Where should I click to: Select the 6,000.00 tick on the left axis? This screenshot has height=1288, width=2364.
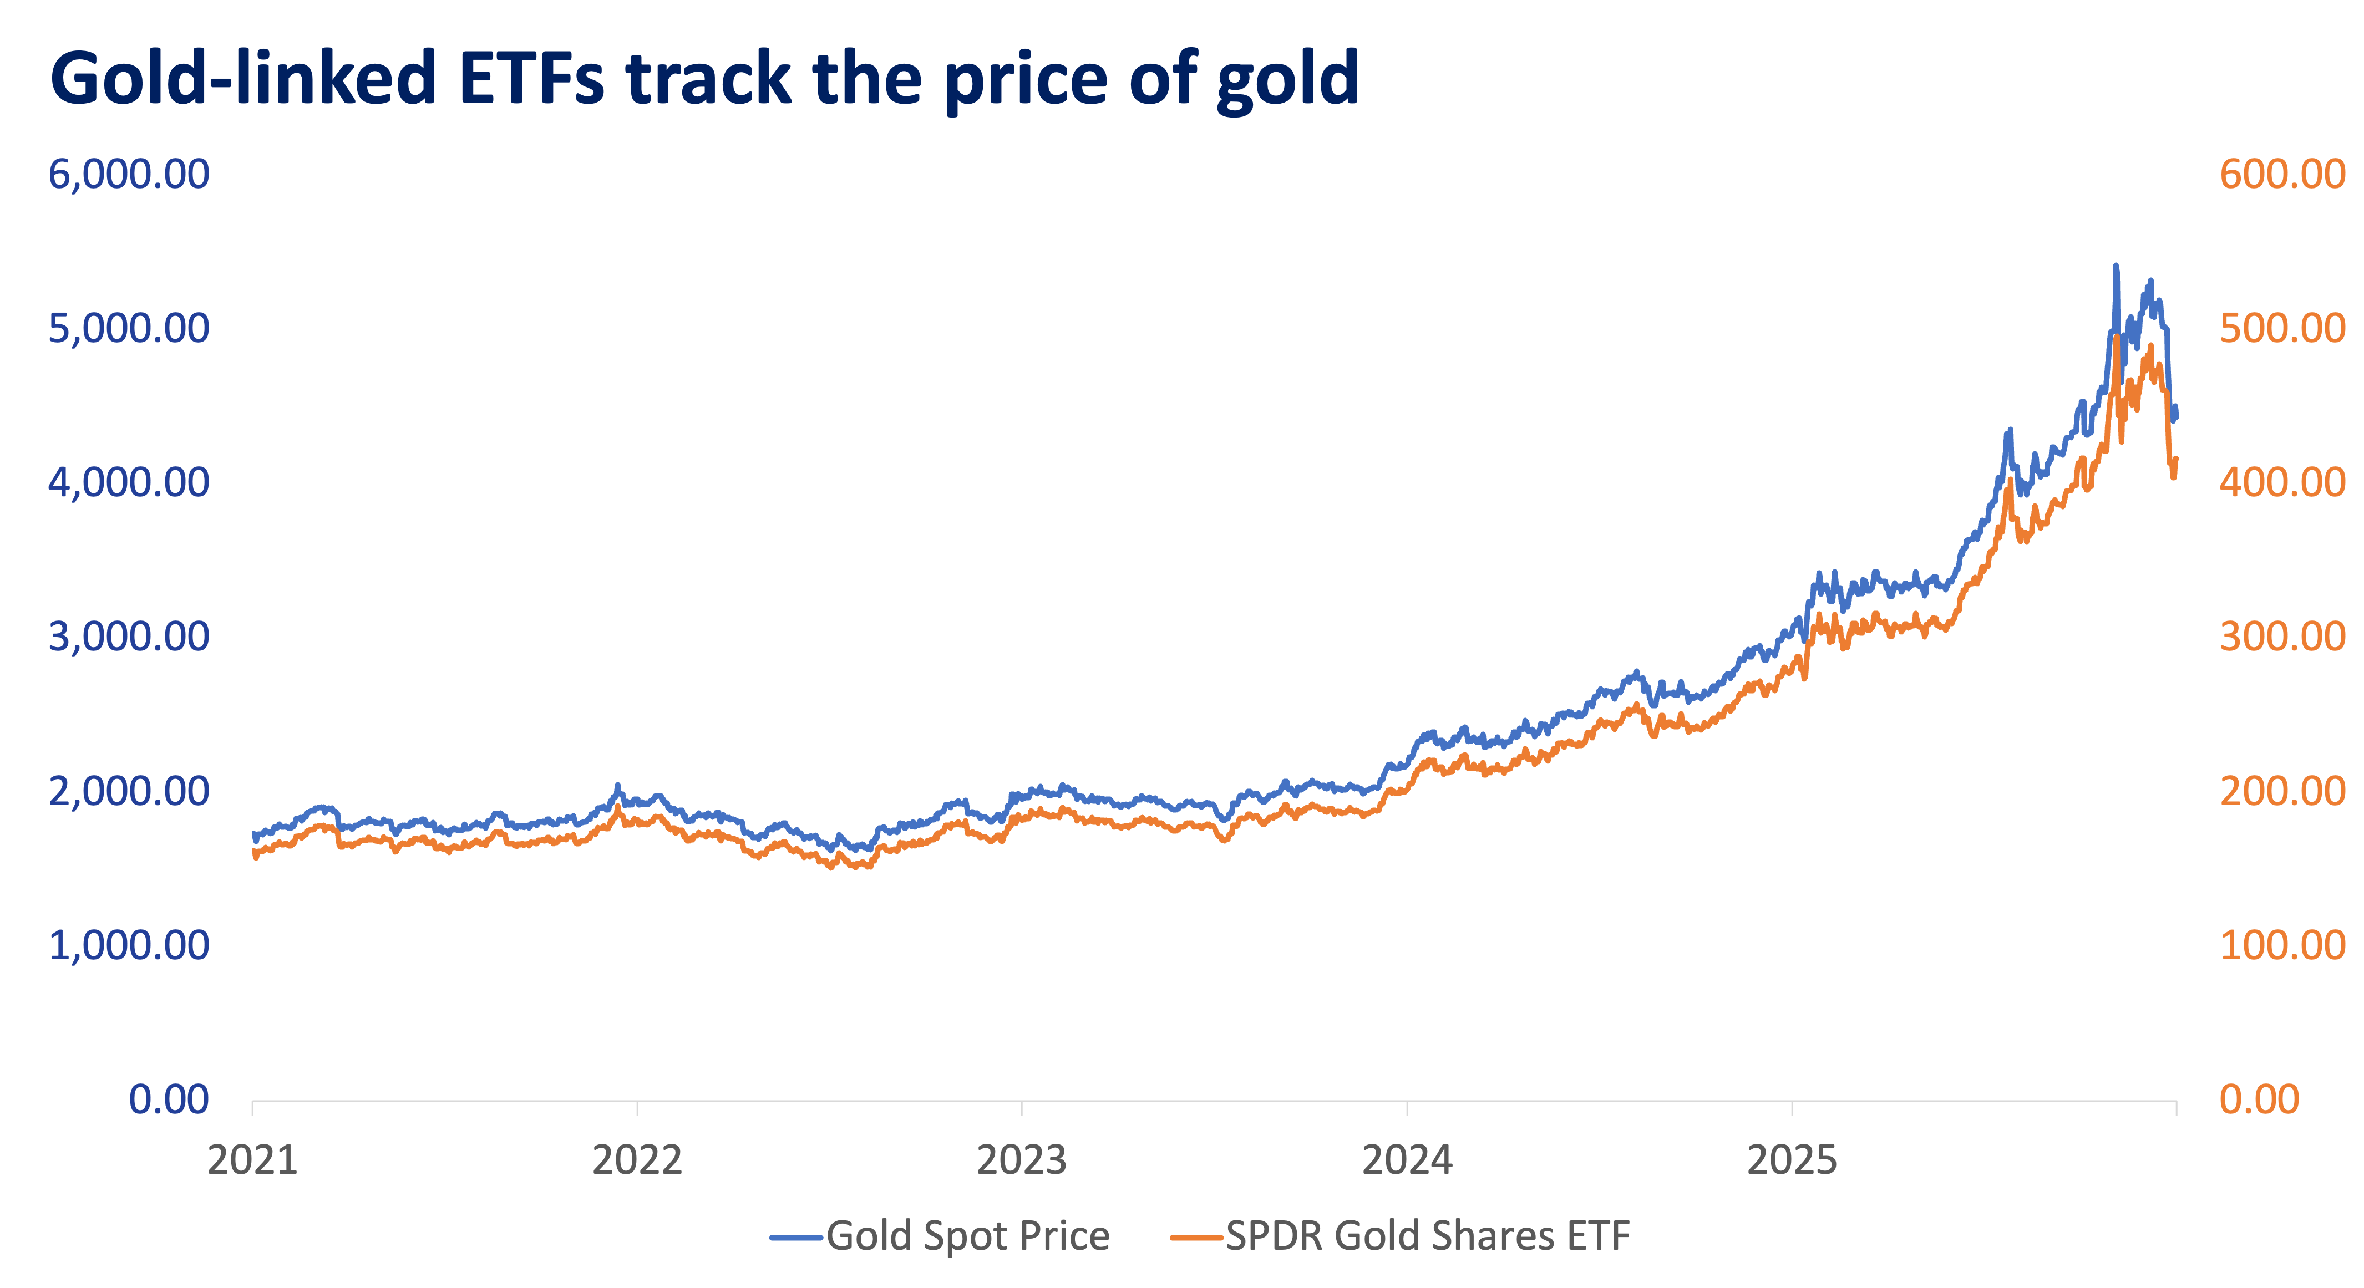tap(129, 174)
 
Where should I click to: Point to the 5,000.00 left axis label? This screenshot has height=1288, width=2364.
tap(129, 328)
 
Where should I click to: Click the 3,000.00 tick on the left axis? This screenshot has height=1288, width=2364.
tap(129, 637)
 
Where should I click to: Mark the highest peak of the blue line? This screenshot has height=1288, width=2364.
tap(2116, 267)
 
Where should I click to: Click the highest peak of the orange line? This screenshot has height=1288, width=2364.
tap(2116, 338)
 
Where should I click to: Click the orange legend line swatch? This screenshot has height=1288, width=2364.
tap(1196, 1238)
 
